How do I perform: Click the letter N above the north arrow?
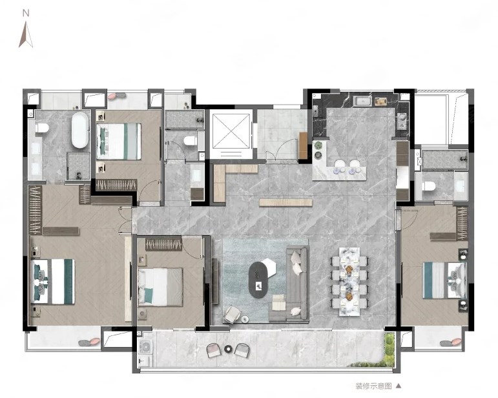point(26,13)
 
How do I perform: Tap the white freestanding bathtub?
point(79,130)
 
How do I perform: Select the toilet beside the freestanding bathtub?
point(42,128)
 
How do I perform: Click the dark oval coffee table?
point(258,280)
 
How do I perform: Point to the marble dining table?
point(349,282)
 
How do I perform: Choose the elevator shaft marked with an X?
point(231,131)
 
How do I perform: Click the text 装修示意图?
point(373,386)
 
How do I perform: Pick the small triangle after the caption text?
point(399,386)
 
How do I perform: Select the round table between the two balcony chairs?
point(228,349)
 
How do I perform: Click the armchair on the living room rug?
point(232,314)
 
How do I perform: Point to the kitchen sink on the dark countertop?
point(362,101)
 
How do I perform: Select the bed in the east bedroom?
point(444,280)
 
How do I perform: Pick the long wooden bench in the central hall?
point(286,202)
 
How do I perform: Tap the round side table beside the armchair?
point(245,319)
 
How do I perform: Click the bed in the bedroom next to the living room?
point(160,287)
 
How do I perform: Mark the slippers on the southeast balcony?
point(450,342)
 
